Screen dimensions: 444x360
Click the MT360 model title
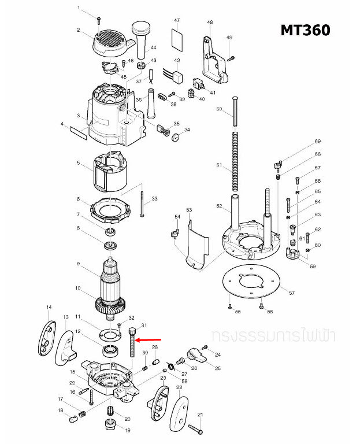pos(305,29)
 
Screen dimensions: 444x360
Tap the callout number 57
pos(292,293)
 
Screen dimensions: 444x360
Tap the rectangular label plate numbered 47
pos(177,40)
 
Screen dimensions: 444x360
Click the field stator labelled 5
pos(110,172)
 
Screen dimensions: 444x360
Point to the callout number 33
pos(154,199)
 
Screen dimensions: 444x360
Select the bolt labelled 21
pos(195,428)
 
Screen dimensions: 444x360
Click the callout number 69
pos(317,142)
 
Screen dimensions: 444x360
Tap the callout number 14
pos(49,306)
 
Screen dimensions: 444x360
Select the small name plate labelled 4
pos(78,134)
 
